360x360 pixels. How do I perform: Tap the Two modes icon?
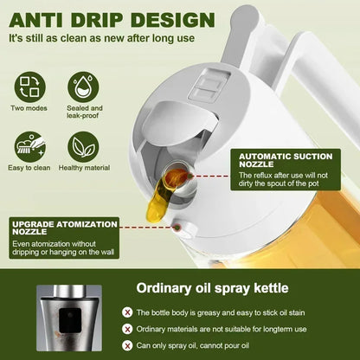coord(29,87)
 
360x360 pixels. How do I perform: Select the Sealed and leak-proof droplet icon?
coord(84,87)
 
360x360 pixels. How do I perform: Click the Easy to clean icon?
coord(29,145)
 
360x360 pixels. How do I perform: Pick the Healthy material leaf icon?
coord(84,145)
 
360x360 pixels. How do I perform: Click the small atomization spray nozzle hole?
coord(177,229)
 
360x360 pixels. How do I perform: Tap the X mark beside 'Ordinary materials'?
coord(128,330)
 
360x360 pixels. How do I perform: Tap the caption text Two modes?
coord(29,109)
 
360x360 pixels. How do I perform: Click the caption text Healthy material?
coord(84,168)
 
